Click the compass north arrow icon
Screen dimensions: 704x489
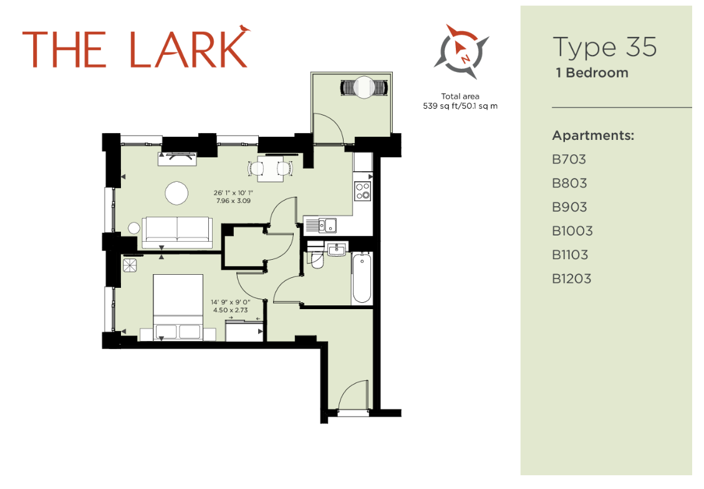click(x=461, y=52)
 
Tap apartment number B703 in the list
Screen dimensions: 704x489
click(x=569, y=159)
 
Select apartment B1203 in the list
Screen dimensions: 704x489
click(x=572, y=279)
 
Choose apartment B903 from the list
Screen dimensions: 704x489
click(x=569, y=207)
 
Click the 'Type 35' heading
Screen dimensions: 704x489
click(x=605, y=47)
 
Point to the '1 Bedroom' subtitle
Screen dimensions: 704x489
click(x=592, y=73)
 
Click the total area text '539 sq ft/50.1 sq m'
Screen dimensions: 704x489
click(x=460, y=106)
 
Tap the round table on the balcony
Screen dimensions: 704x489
click(x=364, y=87)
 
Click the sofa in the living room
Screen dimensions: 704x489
click(x=177, y=232)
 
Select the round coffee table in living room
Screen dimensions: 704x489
click(x=176, y=194)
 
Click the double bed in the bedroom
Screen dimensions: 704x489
click(x=178, y=307)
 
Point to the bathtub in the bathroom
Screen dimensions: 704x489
click(x=362, y=278)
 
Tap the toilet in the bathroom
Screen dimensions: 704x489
click(x=317, y=260)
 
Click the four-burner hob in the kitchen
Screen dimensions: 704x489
click(x=363, y=190)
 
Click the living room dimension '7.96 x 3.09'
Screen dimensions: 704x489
click(x=233, y=201)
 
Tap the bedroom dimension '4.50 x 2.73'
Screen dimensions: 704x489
click(x=230, y=310)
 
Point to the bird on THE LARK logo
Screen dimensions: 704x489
click(x=244, y=29)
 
